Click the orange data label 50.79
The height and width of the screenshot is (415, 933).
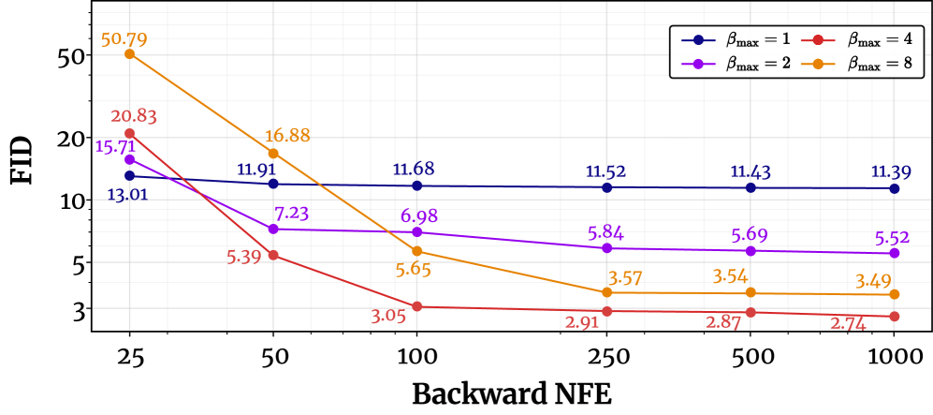click(124, 39)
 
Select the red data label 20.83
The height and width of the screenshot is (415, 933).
click(134, 116)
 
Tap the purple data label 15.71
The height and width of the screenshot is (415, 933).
click(115, 146)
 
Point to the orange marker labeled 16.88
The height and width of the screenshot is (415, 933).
click(273, 153)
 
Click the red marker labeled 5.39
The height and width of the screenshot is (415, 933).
click(273, 255)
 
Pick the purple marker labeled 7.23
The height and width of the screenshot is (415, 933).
click(273, 229)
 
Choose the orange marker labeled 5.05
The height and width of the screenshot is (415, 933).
click(417, 251)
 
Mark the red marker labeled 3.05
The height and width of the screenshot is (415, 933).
click(417, 306)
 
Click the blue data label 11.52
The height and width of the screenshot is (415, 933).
click(605, 171)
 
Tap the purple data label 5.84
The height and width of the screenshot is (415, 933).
click(605, 233)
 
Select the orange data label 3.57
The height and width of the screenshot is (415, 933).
click(626, 278)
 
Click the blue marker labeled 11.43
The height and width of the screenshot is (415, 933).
click(751, 188)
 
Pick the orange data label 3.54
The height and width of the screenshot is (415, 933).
click(729, 276)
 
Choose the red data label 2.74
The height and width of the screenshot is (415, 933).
click(848, 324)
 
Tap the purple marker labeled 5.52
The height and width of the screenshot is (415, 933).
click(894, 253)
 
